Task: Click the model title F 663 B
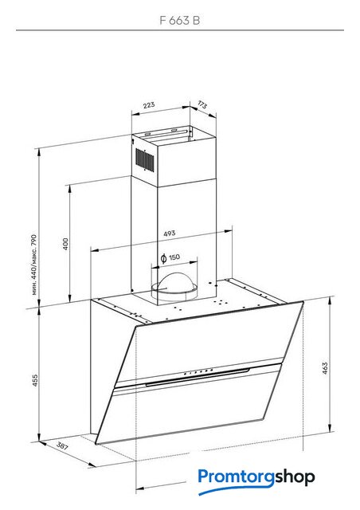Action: (179, 21)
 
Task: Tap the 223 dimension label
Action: (149, 105)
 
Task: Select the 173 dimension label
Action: (202, 104)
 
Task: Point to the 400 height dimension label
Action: (65, 244)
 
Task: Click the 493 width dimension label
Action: (169, 233)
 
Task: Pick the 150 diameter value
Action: (174, 257)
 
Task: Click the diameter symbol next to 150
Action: (164, 258)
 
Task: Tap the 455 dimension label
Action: (35, 380)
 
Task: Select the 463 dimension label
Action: (325, 368)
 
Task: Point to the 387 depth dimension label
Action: (62, 445)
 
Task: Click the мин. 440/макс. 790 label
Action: (34, 265)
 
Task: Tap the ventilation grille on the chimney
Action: (144, 159)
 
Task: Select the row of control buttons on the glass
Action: (198, 372)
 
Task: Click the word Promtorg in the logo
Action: (237, 477)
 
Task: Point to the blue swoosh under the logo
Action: (235, 489)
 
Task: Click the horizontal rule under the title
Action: (180, 30)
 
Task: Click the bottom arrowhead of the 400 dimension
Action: (69, 298)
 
